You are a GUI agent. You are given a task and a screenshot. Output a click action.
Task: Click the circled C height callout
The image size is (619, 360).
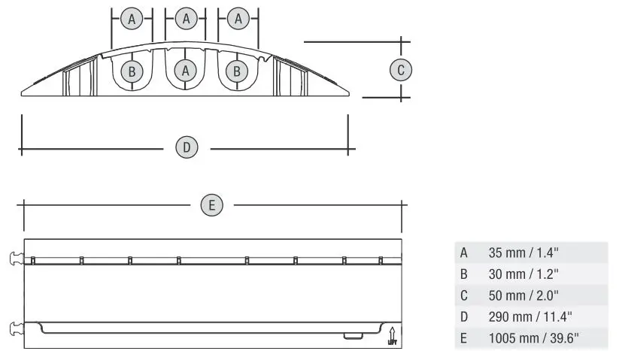(x=401, y=70)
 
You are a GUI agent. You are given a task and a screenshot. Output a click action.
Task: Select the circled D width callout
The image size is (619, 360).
(x=187, y=147)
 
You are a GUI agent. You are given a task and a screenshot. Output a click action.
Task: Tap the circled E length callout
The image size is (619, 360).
(x=212, y=204)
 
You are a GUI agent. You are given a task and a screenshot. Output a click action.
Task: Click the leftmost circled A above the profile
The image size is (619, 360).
(x=132, y=20)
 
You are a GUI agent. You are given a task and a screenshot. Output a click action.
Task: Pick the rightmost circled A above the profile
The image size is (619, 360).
(x=238, y=20)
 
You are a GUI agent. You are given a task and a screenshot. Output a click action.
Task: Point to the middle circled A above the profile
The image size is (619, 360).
(x=186, y=20)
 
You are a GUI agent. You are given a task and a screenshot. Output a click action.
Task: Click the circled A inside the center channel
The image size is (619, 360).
(x=186, y=71)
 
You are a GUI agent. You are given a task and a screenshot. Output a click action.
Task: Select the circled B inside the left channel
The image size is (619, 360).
(x=132, y=71)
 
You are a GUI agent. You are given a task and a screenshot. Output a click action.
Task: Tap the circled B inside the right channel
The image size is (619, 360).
(x=238, y=71)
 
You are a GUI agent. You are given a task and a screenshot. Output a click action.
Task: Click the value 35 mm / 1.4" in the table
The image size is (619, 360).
(x=520, y=253)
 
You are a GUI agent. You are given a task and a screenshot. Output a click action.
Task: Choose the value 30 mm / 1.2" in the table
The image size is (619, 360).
(x=520, y=274)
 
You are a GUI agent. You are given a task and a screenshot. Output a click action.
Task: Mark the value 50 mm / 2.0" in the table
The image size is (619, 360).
(x=520, y=295)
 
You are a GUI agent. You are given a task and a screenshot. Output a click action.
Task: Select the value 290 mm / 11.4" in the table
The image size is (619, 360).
(x=524, y=316)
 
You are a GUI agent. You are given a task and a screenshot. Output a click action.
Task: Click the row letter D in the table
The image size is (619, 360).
(x=464, y=316)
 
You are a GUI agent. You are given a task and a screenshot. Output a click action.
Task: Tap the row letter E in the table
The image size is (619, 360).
(x=464, y=338)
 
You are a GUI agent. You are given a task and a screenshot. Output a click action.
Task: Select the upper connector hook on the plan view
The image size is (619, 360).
(x=16, y=259)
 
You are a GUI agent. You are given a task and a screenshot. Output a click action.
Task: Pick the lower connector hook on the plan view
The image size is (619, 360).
(x=16, y=327)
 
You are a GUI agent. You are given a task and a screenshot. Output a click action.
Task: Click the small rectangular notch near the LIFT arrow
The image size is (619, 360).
(x=350, y=335)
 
